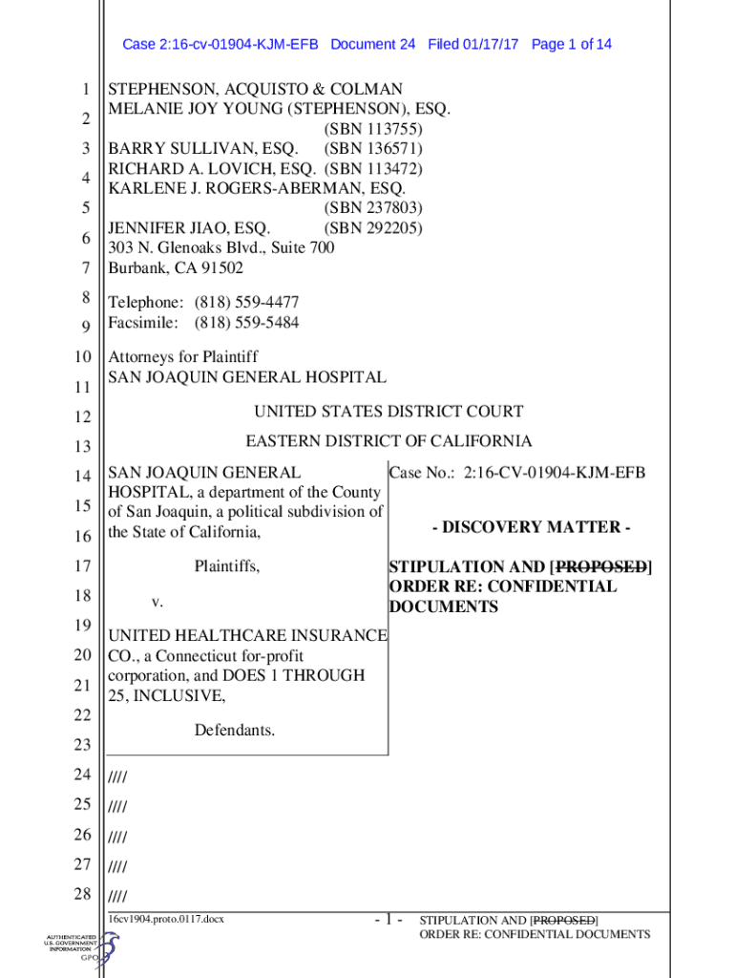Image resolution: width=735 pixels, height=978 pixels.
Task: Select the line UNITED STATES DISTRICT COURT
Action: (388, 412)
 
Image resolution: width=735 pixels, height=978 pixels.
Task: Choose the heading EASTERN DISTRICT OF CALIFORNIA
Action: (389, 441)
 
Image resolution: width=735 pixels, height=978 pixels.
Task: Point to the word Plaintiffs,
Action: (227, 566)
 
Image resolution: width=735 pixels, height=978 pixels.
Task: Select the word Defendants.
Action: (235, 731)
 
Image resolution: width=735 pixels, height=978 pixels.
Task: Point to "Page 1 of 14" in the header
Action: (571, 45)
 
